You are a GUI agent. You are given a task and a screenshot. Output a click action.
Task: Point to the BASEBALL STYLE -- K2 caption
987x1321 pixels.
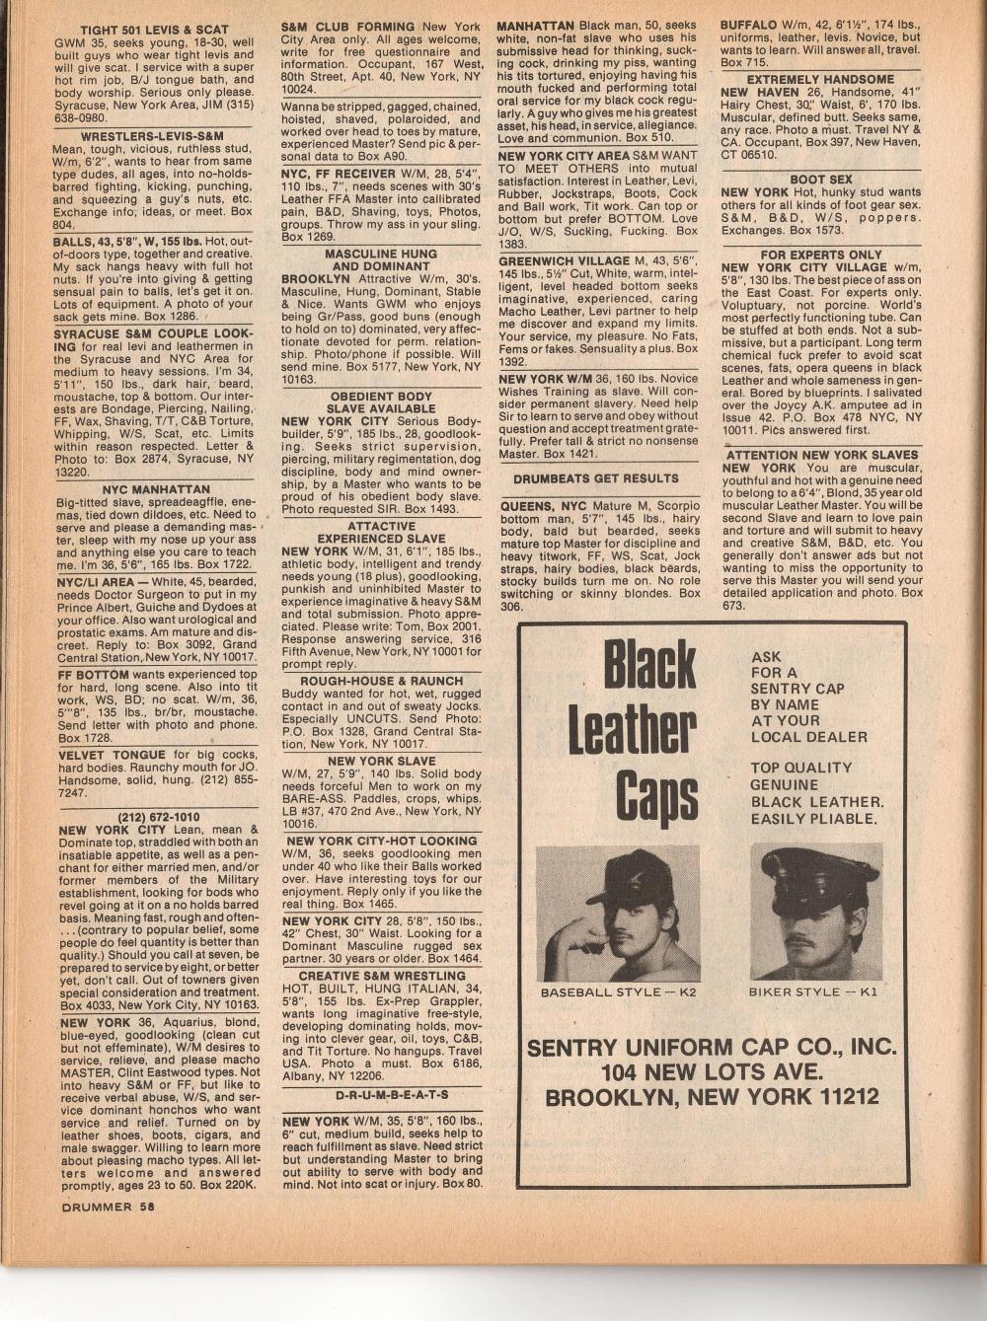[x=617, y=991]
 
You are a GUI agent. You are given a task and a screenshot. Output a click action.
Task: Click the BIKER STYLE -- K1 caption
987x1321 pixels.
[x=812, y=991]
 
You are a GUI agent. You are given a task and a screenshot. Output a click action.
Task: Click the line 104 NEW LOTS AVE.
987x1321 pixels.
[x=712, y=1071]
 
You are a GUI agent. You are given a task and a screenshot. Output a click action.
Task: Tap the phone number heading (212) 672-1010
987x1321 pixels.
[x=158, y=817]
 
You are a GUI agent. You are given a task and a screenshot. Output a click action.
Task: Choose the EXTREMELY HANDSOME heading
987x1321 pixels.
[x=820, y=79]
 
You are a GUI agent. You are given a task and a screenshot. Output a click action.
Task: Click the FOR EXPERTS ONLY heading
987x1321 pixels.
[x=821, y=254]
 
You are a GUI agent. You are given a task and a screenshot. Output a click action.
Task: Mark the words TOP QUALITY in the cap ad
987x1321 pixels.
[x=800, y=768]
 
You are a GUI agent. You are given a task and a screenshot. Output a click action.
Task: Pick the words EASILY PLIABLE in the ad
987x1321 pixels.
[x=812, y=819]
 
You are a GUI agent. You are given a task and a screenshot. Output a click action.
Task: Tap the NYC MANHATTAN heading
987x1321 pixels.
[x=156, y=489]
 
